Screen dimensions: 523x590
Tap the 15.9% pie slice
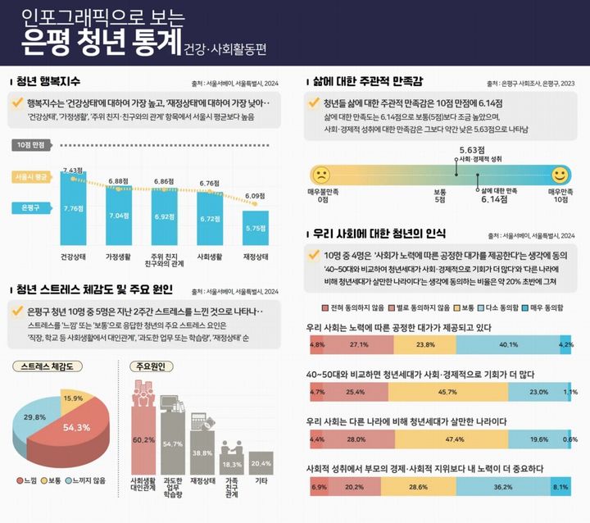click(73, 398)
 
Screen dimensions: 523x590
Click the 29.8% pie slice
click(34, 419)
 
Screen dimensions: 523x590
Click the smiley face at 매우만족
click(560, 175)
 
